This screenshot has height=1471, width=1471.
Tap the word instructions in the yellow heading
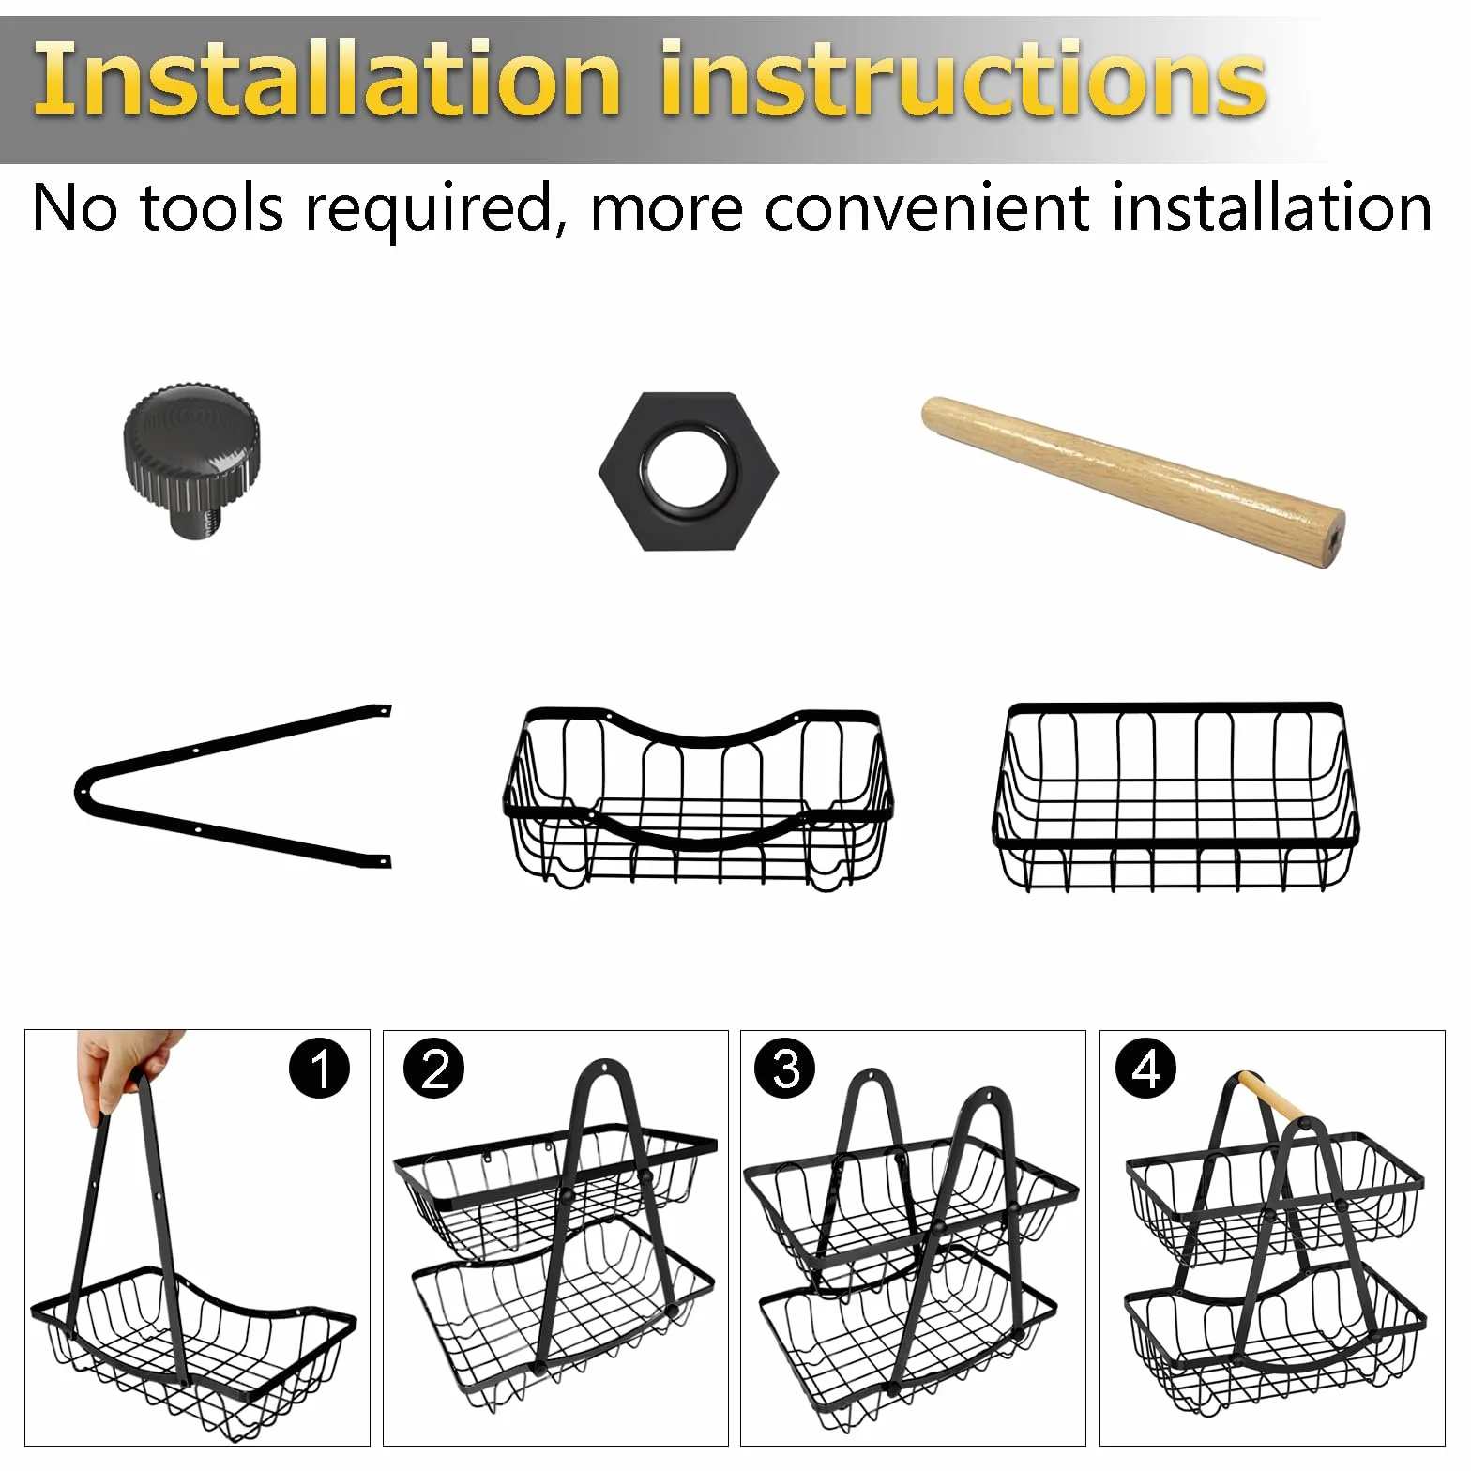coord(963,79)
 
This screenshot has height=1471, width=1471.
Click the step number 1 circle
coord(320,1069)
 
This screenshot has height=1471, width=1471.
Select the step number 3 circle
coord(786,1069)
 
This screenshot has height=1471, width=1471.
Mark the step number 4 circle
coord(1146,1069)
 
